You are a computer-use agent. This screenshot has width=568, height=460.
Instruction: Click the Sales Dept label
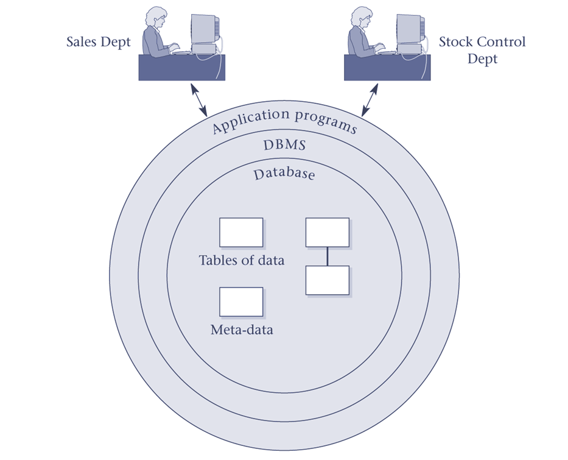(98, 43)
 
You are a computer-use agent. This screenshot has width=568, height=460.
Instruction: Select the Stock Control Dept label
(482, 51)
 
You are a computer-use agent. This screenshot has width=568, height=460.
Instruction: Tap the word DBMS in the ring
(284, 146)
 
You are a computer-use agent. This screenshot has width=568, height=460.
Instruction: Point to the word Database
(284, 174)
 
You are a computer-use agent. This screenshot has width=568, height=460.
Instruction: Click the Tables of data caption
(241, 260)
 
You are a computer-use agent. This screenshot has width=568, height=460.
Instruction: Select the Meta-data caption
(241, 330)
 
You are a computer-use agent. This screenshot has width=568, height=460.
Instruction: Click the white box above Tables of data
(241, 232)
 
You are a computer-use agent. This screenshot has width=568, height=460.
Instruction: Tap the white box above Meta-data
(241, 302)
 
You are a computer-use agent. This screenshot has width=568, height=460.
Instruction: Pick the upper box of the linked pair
(327, 232)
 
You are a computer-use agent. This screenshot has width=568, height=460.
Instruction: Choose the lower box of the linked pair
(327, 280)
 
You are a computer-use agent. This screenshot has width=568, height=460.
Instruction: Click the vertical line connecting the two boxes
(327, 257)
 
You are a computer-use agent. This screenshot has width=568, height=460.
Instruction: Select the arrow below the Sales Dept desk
(200, 100)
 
